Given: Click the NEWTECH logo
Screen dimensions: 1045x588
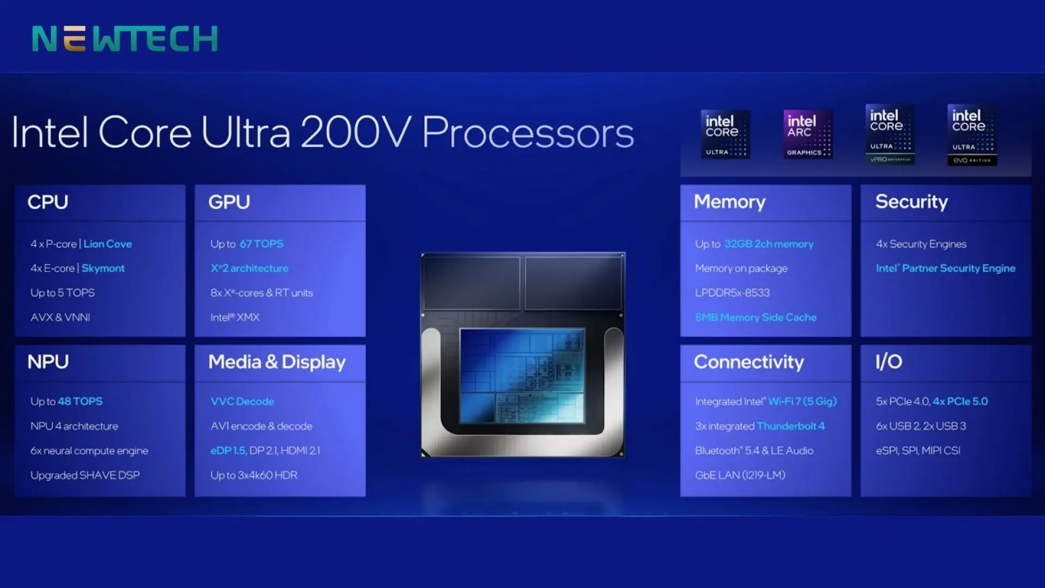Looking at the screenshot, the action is coord(125,39).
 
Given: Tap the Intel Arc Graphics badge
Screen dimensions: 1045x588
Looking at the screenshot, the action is coord(808,134).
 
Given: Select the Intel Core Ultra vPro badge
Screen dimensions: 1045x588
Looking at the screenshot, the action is coord(890,134).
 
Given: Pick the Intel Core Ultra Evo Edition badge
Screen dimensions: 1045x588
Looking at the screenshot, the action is coord(972,135).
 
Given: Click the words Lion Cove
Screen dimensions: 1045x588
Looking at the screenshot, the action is coord(108,244).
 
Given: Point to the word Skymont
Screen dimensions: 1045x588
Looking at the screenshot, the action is coord(103,268).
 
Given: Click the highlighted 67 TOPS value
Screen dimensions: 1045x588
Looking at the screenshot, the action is coord(262,244).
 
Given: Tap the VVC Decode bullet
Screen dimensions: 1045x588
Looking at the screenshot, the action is coord(242,401).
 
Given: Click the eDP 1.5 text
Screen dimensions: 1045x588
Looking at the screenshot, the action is coord(229,451).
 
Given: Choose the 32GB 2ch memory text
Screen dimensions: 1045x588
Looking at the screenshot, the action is coord(769,244).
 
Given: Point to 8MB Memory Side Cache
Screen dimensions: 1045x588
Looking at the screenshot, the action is coord(756,317).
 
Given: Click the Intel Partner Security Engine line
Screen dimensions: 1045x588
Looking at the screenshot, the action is coord(946,268).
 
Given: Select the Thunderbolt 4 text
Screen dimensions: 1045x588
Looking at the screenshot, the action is coord(791,426).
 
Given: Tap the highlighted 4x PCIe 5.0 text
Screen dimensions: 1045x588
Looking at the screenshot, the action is coord(960,401).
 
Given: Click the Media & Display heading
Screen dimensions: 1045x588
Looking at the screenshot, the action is coord(277,362).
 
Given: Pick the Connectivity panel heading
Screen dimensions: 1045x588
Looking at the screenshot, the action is coord(749,362).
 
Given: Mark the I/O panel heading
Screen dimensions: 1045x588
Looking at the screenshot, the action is coord(889,362).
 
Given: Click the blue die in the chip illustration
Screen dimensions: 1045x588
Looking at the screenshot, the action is coord(522,376).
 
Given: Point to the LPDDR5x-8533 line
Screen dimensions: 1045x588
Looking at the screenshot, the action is coord(733,293).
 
